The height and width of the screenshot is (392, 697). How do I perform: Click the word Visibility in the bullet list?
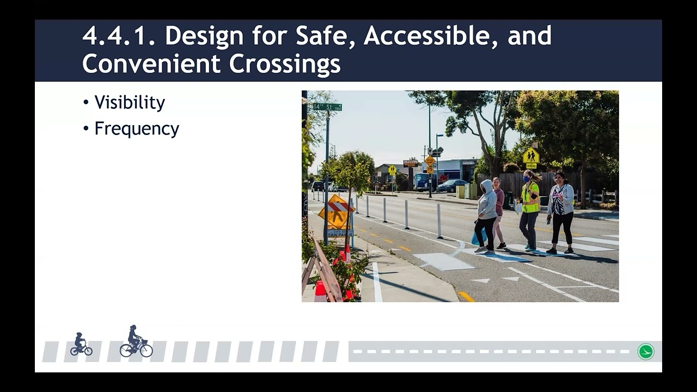(x=130, y=103)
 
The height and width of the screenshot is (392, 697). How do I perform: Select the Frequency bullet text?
(x=137, y=129)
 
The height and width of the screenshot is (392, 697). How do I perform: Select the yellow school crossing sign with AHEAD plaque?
(x=531, y=157)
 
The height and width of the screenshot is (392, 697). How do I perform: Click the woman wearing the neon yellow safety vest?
(x=529, y=210)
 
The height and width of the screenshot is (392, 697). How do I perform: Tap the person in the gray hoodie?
(x=486, y=215)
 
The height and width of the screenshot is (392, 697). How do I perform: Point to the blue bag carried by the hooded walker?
(x=478, y=237)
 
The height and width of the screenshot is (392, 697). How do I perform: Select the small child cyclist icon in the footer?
(x=81, y=345)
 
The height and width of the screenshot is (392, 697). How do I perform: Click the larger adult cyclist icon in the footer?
(x=136, y=342)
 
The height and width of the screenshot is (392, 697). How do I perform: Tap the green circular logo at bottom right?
(x=646, y=351)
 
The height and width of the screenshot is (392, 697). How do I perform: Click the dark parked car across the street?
(x=451, y=186)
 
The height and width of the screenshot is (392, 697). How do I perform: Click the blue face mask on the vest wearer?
(x=527, y=177)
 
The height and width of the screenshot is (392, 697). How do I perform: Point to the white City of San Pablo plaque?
(x=339, y=232)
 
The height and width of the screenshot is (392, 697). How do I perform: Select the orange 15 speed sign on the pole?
(x=430, y=161)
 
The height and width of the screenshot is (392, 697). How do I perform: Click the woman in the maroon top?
(x=498, y=210)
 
